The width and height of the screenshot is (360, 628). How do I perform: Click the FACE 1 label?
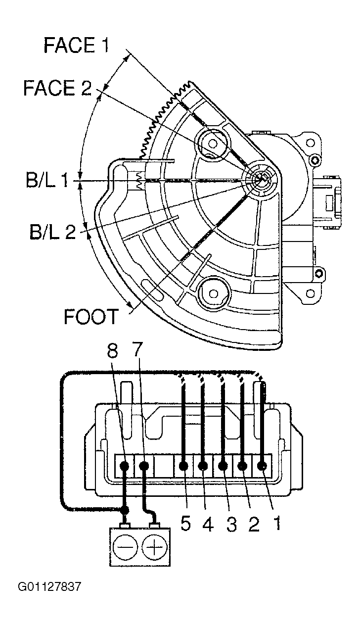point(76,45)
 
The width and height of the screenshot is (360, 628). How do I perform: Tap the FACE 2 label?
point(57,88)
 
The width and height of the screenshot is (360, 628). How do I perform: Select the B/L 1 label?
point(47,180)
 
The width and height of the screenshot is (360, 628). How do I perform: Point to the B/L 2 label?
point(53,231)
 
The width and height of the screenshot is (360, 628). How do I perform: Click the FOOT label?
point(91,317)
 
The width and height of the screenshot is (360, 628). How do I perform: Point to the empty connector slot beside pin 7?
point(164,466)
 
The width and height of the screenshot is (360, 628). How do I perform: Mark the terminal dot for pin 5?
point(183,466)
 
